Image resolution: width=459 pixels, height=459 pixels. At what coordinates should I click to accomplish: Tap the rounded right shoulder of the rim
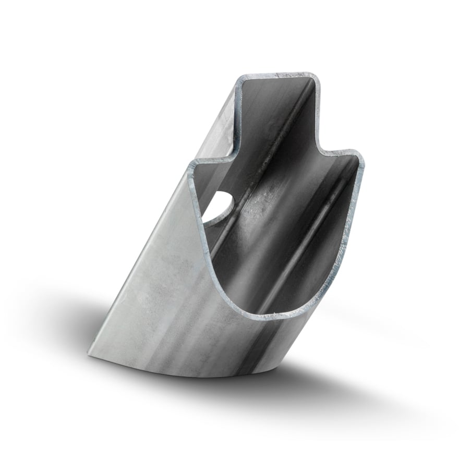click(x=357, y=156)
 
